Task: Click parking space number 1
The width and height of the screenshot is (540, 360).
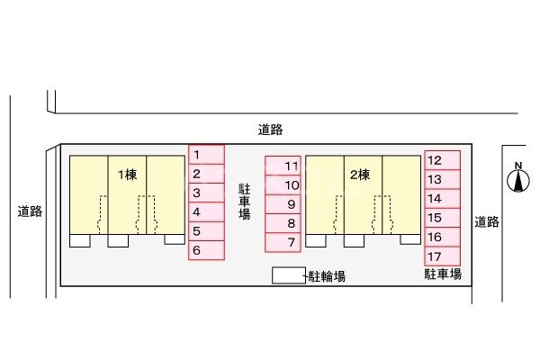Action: coord(206,155)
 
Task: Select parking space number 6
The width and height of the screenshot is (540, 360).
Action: coord(206,251)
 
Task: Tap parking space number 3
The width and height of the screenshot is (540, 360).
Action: coord(206,193)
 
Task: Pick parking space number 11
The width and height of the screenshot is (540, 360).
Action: coord(283,166)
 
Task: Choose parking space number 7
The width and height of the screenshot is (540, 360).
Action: coord(283,242)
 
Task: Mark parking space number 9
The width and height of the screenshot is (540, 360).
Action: coord(283,204)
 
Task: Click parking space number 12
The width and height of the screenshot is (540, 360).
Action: coord(442,160)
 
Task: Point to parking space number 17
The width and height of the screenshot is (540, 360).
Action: coord(442,256)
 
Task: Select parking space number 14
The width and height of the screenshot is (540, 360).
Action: coord(442,198)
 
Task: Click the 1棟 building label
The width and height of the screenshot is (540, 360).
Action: coord(126,174)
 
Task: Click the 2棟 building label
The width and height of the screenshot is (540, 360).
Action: coord(361,174)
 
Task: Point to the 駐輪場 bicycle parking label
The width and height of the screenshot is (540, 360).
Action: coord(327,276)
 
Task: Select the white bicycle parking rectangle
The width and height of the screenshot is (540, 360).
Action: coord(288,276)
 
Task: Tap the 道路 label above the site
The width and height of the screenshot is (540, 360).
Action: coord(269,130)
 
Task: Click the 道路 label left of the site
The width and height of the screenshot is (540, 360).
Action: coord(30,212)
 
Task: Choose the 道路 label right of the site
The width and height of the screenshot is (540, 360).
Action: coord(487,221)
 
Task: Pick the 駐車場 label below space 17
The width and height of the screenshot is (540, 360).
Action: coord(443,274)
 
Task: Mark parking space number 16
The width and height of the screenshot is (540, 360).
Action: coord(442,237)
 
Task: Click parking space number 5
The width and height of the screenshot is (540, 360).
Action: coord(206,231)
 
